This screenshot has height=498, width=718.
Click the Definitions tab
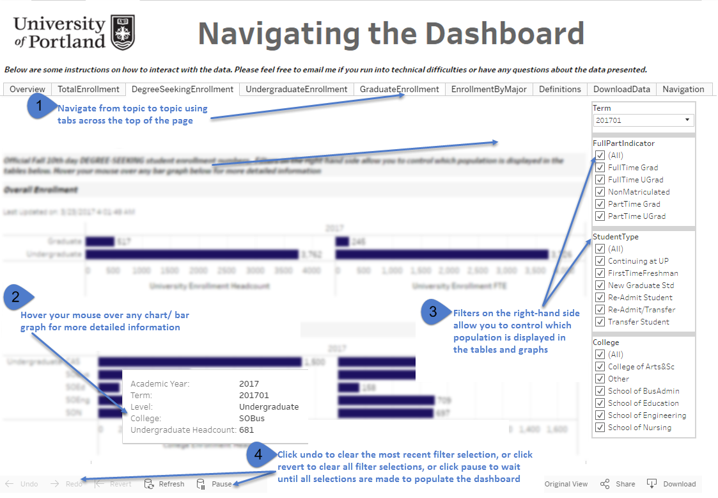[560, 90]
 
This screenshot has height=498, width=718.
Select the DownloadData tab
[621, 90]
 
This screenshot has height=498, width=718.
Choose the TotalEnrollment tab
[88, 90]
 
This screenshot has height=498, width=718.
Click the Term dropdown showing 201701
[643, 120]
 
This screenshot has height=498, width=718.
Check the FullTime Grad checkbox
[600, 168]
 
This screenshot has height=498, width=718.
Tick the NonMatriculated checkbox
[600, 192]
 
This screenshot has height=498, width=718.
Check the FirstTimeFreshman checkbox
[600, 273]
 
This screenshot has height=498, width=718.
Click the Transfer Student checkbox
[600, 322]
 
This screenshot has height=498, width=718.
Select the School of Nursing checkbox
[600, 428]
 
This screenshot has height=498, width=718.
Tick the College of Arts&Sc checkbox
[600, 367]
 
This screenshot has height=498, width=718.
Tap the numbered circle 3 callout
[433, 312]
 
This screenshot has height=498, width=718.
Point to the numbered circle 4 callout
[258, 454]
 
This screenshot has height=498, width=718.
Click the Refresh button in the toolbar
[165, 484]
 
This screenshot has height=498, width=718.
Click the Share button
[618, 484]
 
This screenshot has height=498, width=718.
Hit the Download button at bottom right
[671, 484]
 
